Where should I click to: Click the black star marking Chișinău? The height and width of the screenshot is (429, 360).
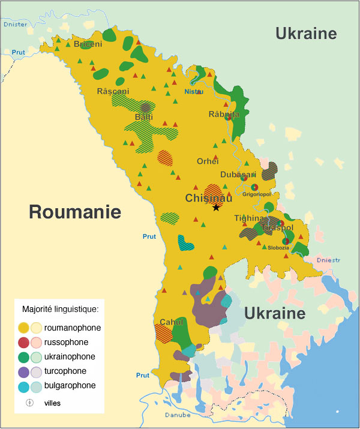tap(216, 208)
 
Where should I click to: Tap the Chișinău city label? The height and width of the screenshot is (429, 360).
tap(209, 198)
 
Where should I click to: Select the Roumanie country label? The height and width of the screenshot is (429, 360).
tap(75, 211)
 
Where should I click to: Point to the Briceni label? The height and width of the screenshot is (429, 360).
tap(88, 44)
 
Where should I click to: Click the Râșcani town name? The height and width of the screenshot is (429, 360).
tap(113, 91)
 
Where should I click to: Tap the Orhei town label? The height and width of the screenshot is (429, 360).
tap(208, 161)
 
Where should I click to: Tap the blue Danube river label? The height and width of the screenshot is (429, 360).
tap(178, 415)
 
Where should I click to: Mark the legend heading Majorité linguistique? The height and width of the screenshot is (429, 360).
tap(59, 310)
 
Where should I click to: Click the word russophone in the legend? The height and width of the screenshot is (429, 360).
tap(66, 343)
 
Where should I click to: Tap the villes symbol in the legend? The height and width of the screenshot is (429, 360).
tap(28, 403)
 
